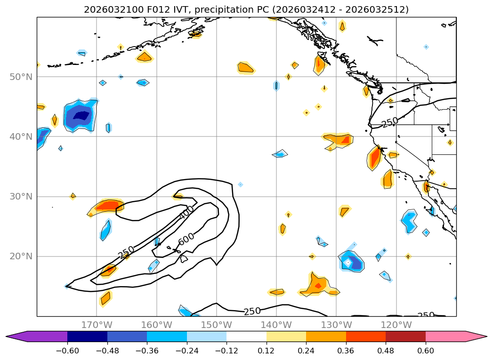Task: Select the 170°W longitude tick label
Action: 97,325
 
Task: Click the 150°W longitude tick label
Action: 216,325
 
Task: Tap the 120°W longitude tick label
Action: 396,325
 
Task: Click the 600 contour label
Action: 186,239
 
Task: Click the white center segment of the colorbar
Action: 246,336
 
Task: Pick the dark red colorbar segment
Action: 405,336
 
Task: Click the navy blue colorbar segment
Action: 87,336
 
